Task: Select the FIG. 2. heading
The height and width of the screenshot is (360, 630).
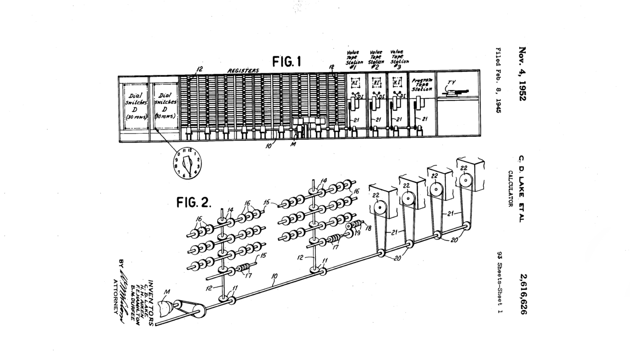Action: pyautogui.click(x=194, y=203)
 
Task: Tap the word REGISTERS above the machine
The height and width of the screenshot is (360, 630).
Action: pyautogui.click(x=243, y=71)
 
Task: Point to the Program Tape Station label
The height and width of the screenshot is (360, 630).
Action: pyautogui.click(x=422, y=84)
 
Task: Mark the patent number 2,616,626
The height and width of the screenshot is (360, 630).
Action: pyautogui.click(x=522, y=294)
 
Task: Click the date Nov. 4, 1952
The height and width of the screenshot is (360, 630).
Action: pyautogui.click(x=522, y=73)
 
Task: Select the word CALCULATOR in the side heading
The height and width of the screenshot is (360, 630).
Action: pyautogui.click(x=511, y=189)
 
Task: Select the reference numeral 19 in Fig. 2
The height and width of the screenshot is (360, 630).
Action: pyautogui.click(x=357, y=234)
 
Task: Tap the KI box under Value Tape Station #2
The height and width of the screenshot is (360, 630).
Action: pyautogui.click(x=376, y=83)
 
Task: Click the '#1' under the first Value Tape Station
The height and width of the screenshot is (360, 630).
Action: pyautogui.click(x=353, y=67)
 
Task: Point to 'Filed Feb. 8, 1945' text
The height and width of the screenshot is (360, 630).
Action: pyautogui.click(x=498, y=80)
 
